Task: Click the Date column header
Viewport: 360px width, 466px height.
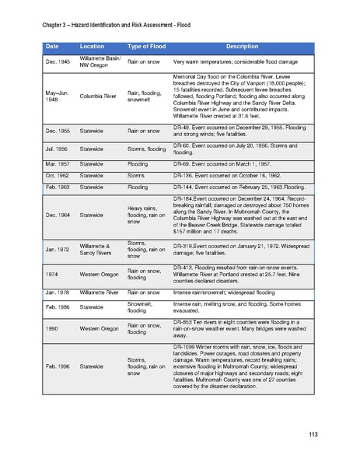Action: pos(52,47)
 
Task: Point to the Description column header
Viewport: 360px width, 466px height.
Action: pos(246,47)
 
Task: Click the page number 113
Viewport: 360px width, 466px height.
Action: pos(313,433)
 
